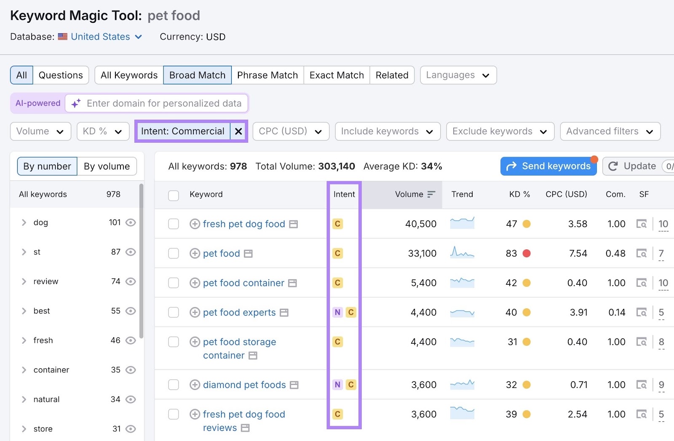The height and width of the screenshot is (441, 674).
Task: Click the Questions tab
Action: [x=61, y=75]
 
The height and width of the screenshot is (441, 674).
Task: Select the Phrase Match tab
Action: [x=267, y=75]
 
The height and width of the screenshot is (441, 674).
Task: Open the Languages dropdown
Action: [x=458, y=75]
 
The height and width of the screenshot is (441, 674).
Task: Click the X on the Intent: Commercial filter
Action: [x=238, y=131]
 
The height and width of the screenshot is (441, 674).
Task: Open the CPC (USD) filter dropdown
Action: [x=290, y=131]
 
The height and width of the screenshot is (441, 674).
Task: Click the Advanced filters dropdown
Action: [x=610, y=131]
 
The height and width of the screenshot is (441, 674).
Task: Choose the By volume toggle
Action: [x=107, y=166]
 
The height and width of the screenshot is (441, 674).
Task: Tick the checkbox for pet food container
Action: [x=174, y=283]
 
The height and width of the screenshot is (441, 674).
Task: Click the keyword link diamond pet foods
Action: [x=244, y=385]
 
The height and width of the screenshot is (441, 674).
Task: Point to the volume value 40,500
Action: [x=420, y=224]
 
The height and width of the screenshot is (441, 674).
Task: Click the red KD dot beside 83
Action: [x=527, y=254]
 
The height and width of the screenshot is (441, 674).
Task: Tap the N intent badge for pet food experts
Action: [x=337, y=313]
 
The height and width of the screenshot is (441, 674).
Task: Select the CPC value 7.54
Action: [x=578, y=254]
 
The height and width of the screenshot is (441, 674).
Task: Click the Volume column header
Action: [x=409, y=195]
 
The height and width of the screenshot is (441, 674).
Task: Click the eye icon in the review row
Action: [x=131, y=281]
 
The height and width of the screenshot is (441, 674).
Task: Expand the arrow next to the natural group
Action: [x=24, y=399]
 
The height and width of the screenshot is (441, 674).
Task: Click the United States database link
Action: [x=100, y=37]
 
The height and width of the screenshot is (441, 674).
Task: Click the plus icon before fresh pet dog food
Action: [x=195, y=224]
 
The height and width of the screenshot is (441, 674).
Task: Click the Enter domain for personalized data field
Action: [x=164, y=104]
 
